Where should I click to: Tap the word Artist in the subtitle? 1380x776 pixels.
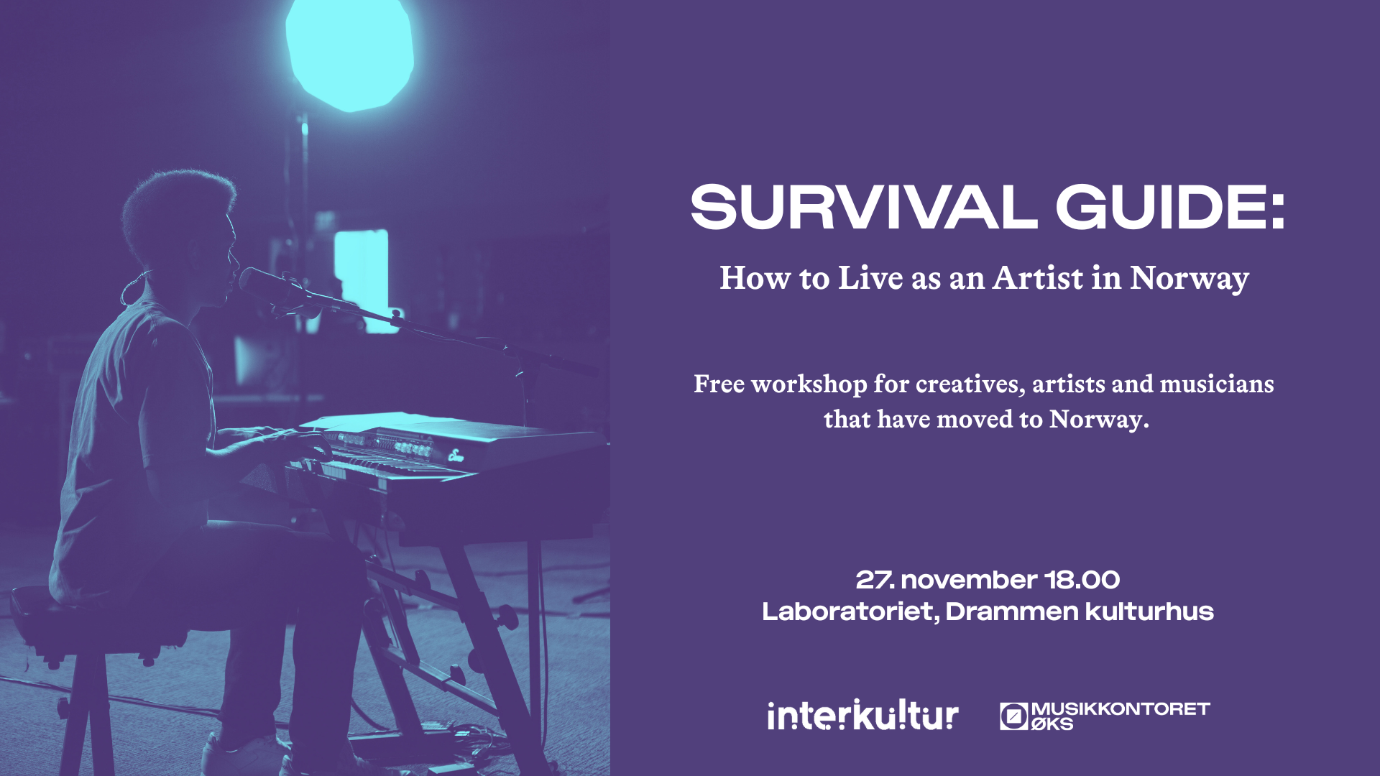1039,277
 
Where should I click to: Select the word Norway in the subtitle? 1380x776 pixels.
1190,279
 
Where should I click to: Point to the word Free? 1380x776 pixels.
719,384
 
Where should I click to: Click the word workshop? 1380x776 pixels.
809,384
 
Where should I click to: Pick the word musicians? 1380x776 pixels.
1217,384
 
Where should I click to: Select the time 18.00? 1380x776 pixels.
1082,580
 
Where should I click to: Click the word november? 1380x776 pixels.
967,580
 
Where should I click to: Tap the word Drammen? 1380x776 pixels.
1012,611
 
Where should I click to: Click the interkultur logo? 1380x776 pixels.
862,715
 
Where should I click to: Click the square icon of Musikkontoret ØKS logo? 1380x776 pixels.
1013,716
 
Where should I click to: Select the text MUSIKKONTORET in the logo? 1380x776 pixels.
1121,709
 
